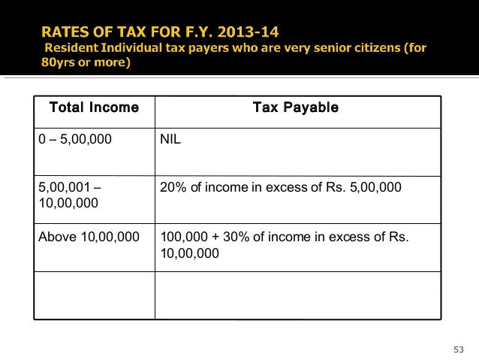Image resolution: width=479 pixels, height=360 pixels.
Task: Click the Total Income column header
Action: tap(94, 108)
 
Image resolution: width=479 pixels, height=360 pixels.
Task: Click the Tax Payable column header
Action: tap(295, 108)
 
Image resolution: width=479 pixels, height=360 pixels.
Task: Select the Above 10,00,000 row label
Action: tap(89, 238)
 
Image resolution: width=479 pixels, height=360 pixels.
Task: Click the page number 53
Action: tap(459, 348)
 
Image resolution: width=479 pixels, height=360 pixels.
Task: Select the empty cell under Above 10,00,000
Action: tap(94, 295)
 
